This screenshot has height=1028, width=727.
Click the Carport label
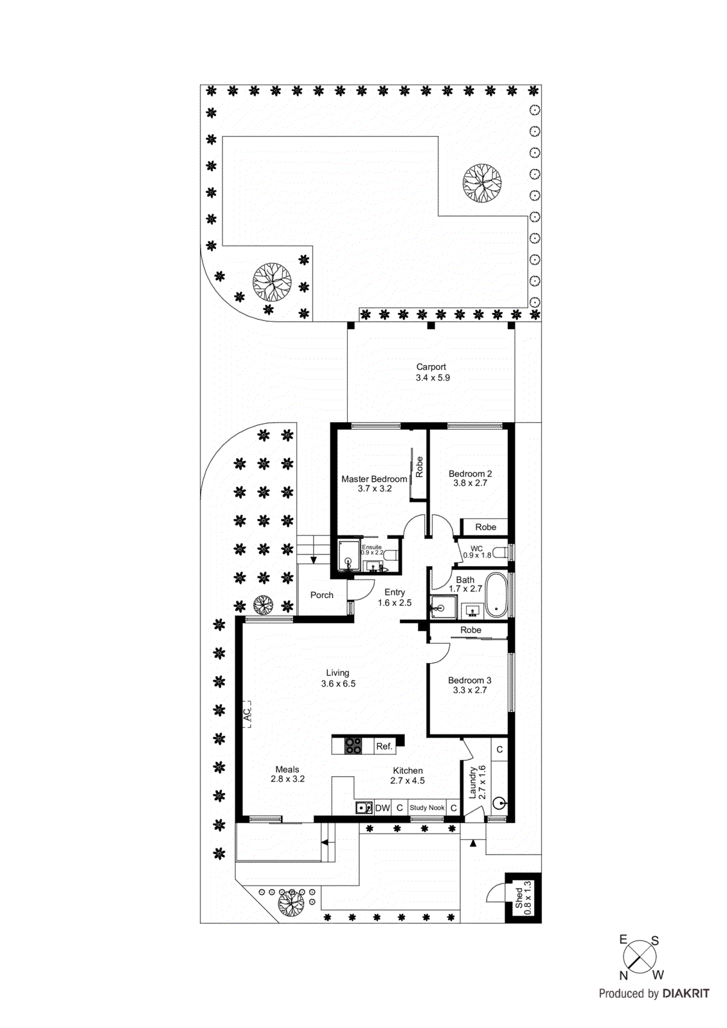431,367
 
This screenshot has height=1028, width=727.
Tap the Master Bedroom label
374,479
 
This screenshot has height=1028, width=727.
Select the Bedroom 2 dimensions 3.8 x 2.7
470,483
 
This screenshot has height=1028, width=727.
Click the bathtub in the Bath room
495,594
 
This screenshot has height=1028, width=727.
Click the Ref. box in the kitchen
384,746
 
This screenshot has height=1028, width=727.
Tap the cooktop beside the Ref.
353,745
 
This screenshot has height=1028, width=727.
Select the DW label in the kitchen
382,808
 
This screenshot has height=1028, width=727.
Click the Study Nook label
427,808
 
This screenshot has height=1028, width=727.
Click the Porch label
321,595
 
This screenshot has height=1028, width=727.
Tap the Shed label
519,898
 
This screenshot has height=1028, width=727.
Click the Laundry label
472,782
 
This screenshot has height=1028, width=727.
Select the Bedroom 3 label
469,680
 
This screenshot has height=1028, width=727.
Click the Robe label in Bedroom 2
485,527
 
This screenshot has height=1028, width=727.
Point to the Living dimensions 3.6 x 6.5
338,684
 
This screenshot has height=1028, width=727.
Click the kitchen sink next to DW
364,808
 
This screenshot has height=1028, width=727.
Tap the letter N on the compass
623,975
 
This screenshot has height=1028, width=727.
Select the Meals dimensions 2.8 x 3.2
287,779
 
